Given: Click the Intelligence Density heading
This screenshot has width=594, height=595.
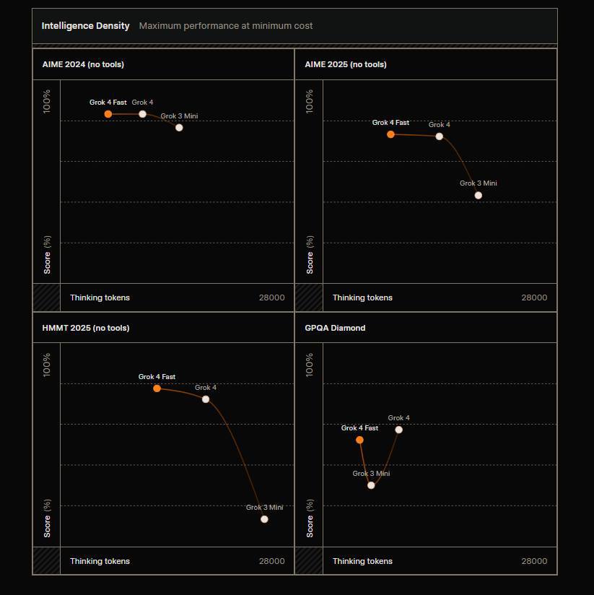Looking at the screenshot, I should (x=85, y=26).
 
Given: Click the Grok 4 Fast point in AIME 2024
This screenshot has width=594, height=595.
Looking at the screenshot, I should (x=108, y=114).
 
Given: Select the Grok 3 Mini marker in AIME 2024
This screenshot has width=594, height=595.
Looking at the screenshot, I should (x=179, y=128).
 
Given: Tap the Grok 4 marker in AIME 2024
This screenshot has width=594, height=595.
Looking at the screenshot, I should (x=142, y=114).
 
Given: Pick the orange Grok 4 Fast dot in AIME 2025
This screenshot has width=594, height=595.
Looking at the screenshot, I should (x=390, y=134).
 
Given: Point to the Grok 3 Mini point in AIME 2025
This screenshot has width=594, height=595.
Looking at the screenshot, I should (x=478, y=195).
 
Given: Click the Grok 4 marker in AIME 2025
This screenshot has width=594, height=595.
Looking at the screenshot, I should (x=439, y=136).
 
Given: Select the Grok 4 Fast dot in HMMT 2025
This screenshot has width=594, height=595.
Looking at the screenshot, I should (x=157, y=388).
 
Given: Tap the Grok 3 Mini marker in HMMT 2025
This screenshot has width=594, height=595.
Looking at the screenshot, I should (x=264, y=519).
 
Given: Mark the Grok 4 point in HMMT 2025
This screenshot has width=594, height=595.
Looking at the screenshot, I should (x=206, y=399).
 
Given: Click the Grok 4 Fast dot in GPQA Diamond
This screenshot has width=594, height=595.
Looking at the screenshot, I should (x=359, y=440).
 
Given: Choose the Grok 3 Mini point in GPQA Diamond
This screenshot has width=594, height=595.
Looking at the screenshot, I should (x=371, y=485).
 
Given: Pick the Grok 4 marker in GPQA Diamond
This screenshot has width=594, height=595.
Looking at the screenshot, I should (x=398, y=430).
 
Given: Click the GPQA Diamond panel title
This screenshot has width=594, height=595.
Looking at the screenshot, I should (x=335, y=328).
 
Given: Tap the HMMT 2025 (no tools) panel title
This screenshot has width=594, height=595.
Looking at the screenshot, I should (x=86, y=328).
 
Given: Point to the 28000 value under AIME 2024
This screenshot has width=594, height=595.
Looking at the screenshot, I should (x=271, y=297).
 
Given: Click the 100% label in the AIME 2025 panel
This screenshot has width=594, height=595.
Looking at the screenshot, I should (x=310, y=101).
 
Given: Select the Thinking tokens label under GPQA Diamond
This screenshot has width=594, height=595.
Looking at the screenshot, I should (x=362, y=561).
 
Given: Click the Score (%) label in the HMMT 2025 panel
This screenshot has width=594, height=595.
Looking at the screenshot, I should (x=48, y=518).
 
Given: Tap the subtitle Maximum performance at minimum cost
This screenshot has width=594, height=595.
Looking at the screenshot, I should (x=226, y=26).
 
